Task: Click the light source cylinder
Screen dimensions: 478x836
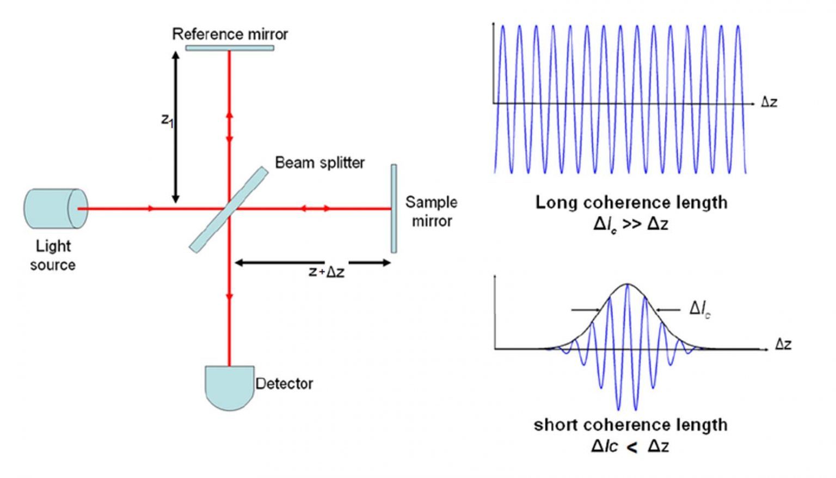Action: click(x=54, y=209)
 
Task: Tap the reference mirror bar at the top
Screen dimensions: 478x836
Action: click(x=229, y=48)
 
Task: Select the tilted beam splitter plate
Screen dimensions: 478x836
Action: click(x=229, y=210)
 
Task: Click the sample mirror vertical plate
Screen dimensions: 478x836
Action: click(x=394, y=209)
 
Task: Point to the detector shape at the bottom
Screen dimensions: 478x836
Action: click(x=229, y=386)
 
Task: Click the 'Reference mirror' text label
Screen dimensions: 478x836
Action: click(x=230, y=34)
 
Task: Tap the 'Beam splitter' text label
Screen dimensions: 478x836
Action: click(x=319, y=162)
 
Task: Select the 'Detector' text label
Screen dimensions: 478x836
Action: click(x=284, y=384)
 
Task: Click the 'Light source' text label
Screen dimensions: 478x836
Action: click(x=53, y=255)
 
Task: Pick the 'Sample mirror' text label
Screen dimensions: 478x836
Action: click(x=431, y=211)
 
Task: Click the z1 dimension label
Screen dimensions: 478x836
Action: click(x=167, y=120)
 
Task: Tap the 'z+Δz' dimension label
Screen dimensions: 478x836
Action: click(x=326, y=271)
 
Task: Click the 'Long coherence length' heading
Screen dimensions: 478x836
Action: click(x=631, y=203)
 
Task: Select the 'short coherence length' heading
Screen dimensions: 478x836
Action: click(x=630, y=425)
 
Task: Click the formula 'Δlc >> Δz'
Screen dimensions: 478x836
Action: click(x=630, y=224)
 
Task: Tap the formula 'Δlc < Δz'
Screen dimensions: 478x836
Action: click(x=630, y=446)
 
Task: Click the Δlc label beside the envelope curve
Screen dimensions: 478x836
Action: click(x=700, y=309)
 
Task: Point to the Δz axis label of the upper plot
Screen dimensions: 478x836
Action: click(x=769, y=102)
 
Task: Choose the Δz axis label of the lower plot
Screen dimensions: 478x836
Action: click(x=783, y=344)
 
